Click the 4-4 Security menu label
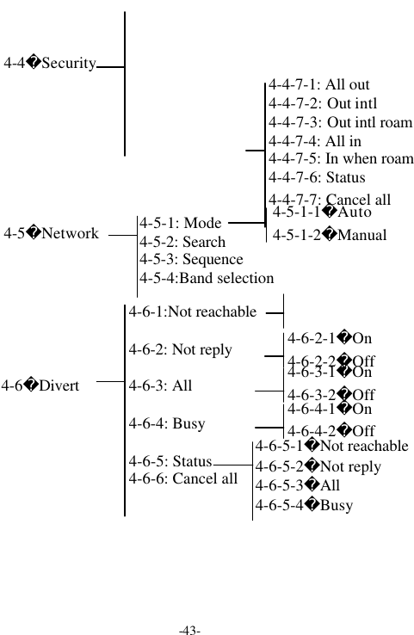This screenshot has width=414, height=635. tap(49, 63)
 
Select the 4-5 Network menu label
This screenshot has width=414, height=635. tap(51, 233)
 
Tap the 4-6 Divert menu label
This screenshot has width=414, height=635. tap(40, 385)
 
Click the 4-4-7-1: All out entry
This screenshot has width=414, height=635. tap(319, 85)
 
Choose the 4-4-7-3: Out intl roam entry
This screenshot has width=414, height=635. tap(341, 122)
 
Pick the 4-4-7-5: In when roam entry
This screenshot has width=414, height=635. tap(341, 159)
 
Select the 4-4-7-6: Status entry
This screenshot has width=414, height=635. tap(317, 178)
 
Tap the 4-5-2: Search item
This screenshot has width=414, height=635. tap(182, 243)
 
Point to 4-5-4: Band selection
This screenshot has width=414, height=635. tap(207, 278)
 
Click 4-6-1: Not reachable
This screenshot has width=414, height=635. tap(192, 311)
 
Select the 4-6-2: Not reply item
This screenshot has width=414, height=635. tap(180, 349)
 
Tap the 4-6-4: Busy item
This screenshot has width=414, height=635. tap(167, 423)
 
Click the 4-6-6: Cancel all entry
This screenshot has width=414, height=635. tap(182, 478)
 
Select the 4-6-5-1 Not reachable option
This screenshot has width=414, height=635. tap(332, 446)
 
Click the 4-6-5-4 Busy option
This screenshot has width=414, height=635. tap(304, 505)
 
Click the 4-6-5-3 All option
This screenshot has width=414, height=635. tap(298, 485)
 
